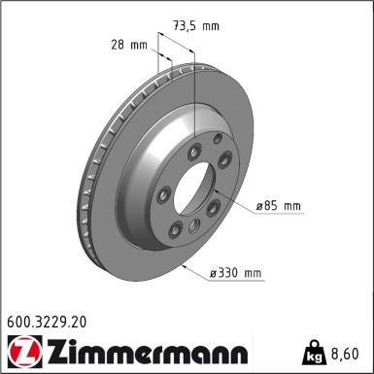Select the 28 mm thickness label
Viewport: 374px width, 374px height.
[129, 45]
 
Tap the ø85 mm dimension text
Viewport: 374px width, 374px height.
[278, 206]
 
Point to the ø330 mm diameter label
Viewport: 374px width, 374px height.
[236, 274]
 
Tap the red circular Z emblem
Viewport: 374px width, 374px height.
[20, 350]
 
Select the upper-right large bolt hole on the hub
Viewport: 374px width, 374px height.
[224, 161]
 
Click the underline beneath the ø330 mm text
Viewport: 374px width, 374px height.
[236, 284]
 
